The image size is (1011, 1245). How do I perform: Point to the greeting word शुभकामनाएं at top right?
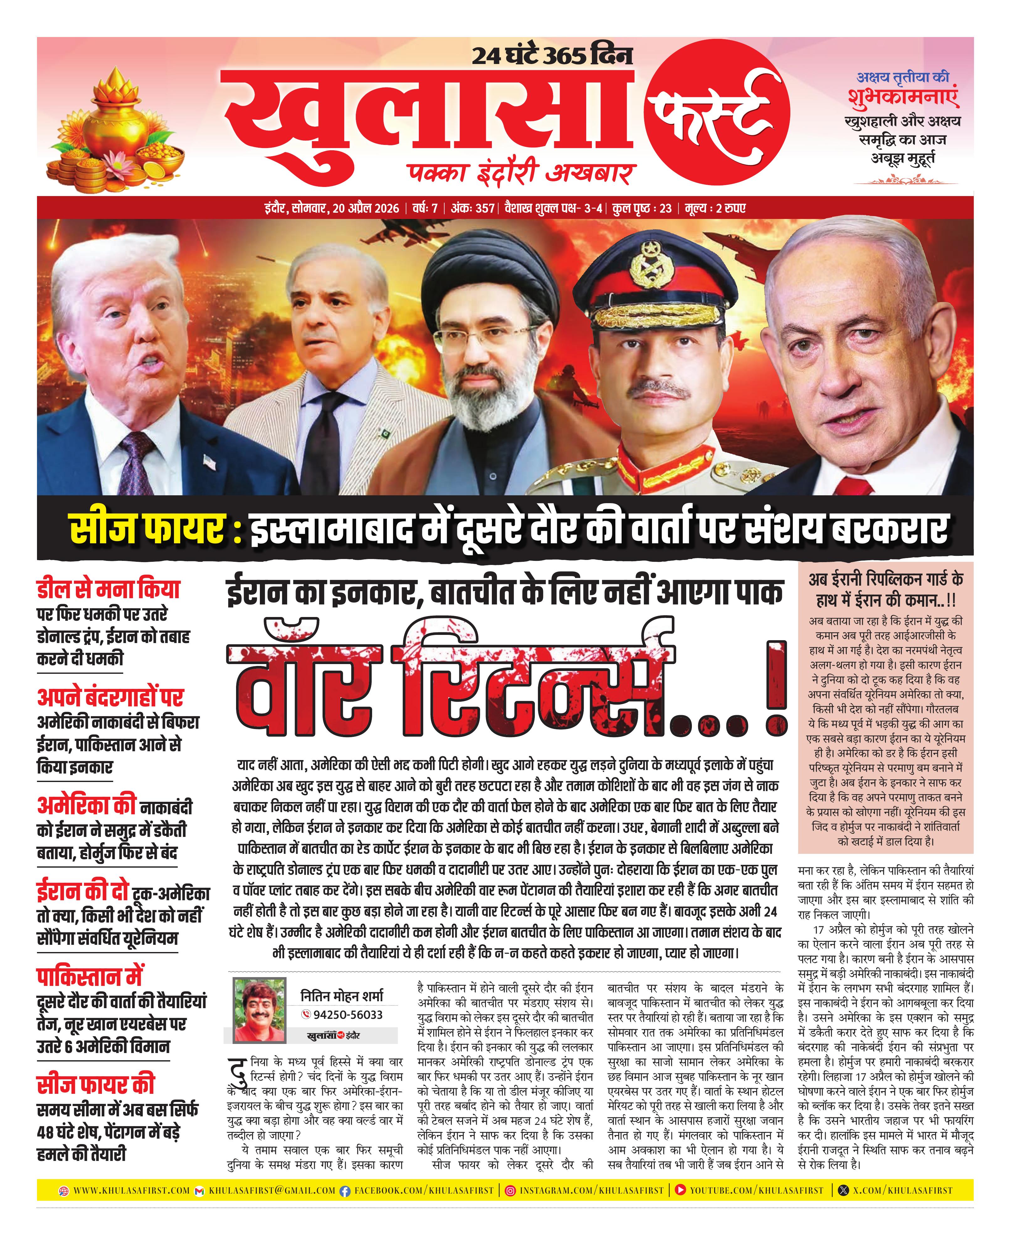(903, 97)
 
